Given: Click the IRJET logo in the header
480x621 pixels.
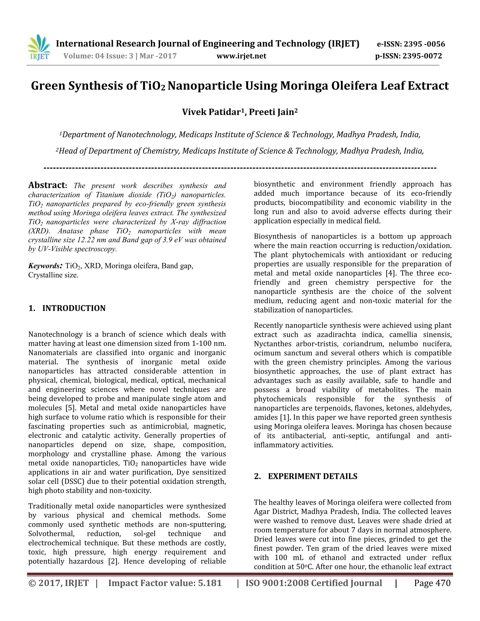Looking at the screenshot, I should pyautogui.click(x=39, y=48).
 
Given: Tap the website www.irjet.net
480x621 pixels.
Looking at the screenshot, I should pyautogui.click(x=241, y=56).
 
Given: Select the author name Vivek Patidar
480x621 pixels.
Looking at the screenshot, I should pyautogui.click(x=211, y=112).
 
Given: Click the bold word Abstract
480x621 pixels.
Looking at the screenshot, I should pyautogui.click(x=47, y=185).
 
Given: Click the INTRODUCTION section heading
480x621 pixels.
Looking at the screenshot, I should pyautogui.click(x=74, y=308).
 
